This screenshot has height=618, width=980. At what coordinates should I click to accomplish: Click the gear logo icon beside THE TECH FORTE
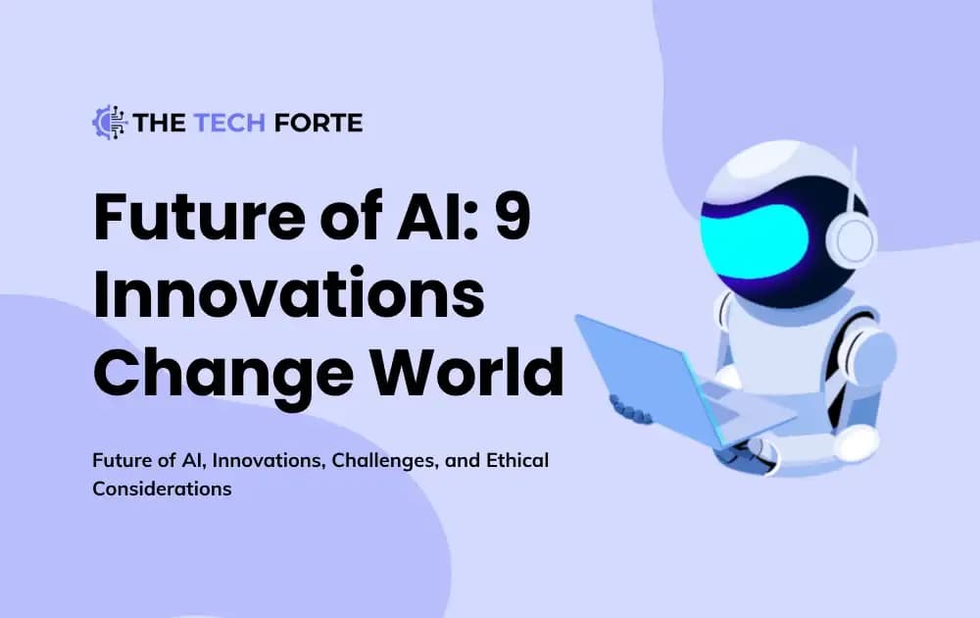coord(110,122)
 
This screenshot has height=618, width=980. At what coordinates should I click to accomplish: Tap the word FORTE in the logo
coord(319,123)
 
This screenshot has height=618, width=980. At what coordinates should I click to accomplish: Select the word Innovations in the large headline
coord(289,296)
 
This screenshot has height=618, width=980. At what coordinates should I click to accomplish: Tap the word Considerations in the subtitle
coord(162,488)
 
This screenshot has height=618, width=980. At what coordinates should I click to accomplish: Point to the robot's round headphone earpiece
coord(856,239)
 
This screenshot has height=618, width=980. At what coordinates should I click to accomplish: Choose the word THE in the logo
coord(154,123)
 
